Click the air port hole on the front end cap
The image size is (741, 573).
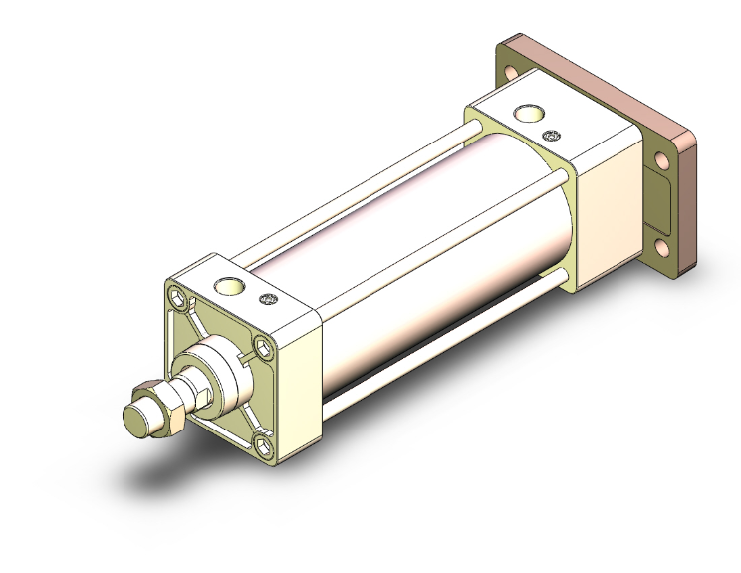coord(232,287)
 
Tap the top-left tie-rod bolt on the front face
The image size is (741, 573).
coord(177,297)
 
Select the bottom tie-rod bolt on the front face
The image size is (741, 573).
coord(264,444)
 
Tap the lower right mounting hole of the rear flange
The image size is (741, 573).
coord(661,246)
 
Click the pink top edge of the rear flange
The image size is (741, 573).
coord(598,80)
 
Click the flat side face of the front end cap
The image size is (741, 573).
coord(299,389)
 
